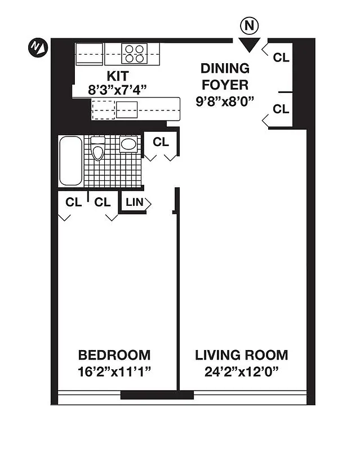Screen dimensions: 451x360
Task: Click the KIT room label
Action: pyautogui.click(x=118, y=76)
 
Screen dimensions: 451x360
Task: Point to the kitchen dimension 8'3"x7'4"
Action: pyautogui.click(x=118, y=89)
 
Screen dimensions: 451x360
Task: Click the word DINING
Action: pyautogui.click(x=225, y=68)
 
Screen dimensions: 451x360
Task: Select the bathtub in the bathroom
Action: pyautogui.click(x=71, y=161)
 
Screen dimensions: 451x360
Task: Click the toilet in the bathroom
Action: pyautogui.click(x=98, y=149)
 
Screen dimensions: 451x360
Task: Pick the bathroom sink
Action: pyautogui.click(x=129, y=144)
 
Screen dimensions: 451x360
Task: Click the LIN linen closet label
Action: pyautogui.click(x=134, y=202)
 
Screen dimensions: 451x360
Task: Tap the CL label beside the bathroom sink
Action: pyautogui.click(x=161, y=142)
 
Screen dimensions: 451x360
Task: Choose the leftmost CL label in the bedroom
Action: pyautogui.click(x=73, y=202)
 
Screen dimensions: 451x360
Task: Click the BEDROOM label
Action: pyautogui.click(x=114, y=355)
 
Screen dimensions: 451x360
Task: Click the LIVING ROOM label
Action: pyautogui.click(x=241, y=355)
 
